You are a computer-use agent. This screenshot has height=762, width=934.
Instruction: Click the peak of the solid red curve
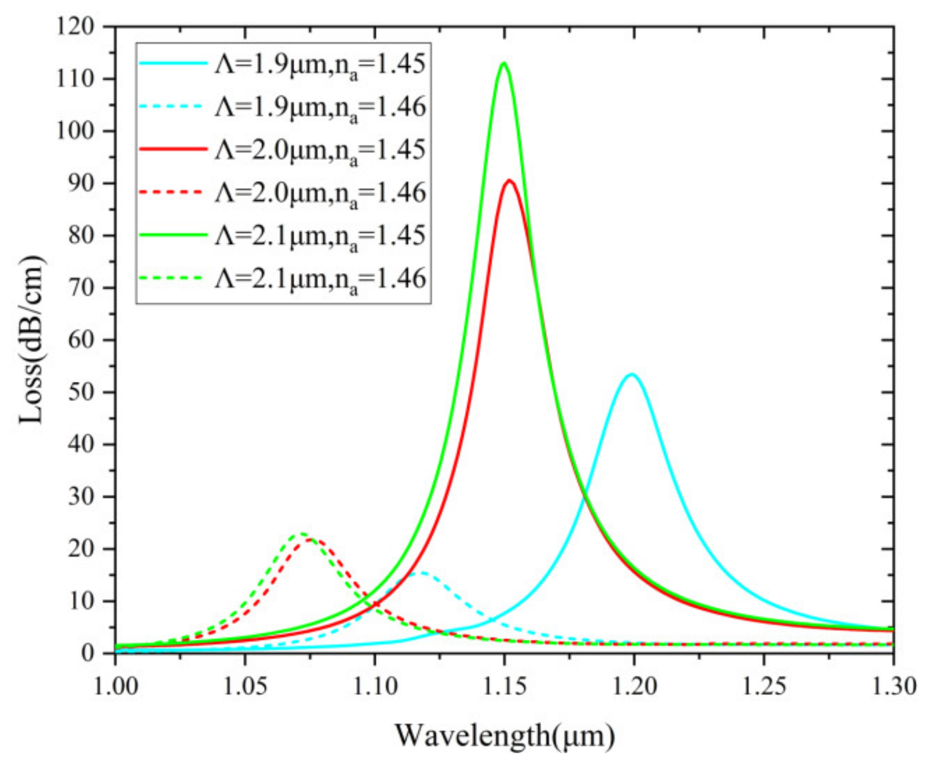point(509,180)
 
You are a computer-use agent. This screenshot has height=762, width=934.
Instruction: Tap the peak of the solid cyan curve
point(632,374)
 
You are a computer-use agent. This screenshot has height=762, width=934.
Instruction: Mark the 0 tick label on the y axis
point(90,653)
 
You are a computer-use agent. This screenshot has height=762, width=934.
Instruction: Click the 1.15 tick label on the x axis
point(505,687)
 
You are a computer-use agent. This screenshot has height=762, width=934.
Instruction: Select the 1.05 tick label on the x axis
point(245,687)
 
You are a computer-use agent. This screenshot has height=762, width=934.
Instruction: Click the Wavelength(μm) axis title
point(505,735)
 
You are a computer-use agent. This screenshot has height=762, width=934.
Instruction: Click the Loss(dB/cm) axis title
point(32,340)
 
